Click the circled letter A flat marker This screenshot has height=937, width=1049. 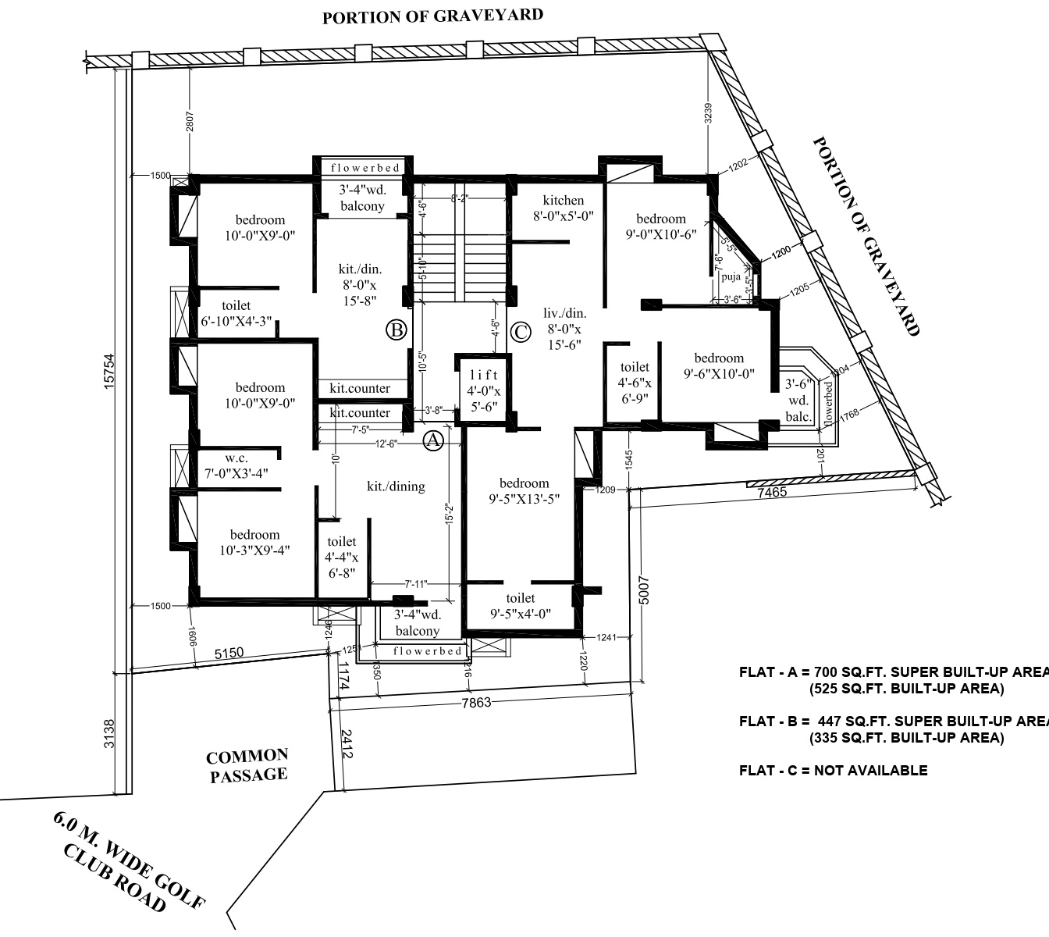point(433,441)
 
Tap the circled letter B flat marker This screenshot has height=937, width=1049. point(396,330)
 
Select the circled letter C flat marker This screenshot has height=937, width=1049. point(520,333)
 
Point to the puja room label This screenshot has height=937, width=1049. point(731,277)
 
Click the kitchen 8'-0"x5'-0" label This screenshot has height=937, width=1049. point(564,208)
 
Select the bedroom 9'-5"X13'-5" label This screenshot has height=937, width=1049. point(524,491)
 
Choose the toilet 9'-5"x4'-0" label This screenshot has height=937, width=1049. point(521,606)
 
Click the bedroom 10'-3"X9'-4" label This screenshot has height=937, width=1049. point(254,542)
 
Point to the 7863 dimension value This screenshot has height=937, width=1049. point(476,702)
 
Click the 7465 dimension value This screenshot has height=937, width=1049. point(772,493)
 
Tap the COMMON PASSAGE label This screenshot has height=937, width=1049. point(247,765)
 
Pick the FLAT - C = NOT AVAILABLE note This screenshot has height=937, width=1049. point(833,771)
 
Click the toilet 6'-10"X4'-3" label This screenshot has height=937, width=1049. point(236,313)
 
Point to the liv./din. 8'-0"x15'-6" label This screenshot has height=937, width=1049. point(562,329)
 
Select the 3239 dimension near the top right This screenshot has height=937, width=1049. point(708,114)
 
